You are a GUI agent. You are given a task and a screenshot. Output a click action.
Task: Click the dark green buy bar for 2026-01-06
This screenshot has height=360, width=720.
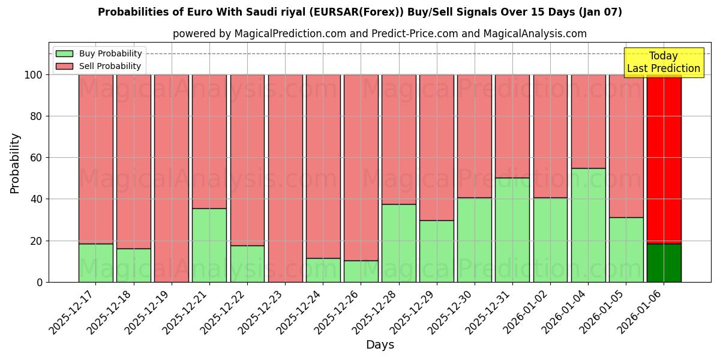pyautogui.click(x=664, y=263)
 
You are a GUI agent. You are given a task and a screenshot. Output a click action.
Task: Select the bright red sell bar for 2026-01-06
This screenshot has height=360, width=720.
pyautogui.click(x=664, y=159)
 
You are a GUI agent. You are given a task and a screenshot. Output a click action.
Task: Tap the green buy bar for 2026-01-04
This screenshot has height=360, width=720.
pyautogui.click(x=588, y=225)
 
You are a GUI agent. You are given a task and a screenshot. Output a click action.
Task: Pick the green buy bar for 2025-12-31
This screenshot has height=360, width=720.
pyautogui.click(x=512, y=230)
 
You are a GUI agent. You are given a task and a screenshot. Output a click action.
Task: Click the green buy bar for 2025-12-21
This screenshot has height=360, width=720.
pyautogui.click(x=209, y=245)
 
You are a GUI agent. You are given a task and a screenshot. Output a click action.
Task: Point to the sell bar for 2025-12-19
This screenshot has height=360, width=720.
pyautogui.click(x=172, y=178)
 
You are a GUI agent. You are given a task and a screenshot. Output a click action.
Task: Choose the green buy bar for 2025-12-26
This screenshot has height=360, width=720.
pyautogui.click(x=361, y=271)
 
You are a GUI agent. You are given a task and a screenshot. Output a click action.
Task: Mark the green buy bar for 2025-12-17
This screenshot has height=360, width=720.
pyautogui.click(x=95, y=263)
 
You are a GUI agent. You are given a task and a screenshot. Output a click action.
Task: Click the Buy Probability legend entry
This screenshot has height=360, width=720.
pyautogui.click(x=110, y=53)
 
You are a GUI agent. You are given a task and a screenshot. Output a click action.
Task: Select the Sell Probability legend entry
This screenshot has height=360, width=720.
pyautogui.click(x=110, y=66)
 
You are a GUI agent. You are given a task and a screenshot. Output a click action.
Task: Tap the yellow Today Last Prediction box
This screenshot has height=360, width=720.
pyautogui.click(x=663, y=62)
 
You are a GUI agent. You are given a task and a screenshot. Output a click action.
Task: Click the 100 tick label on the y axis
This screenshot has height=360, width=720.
pyautogui.click(x=32, y=75)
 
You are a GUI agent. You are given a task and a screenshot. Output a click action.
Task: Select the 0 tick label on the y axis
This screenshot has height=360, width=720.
pyautogui.click(x=40, y=282)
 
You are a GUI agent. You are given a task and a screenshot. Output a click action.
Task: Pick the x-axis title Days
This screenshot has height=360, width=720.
pyautogui.click(x=380, y=345)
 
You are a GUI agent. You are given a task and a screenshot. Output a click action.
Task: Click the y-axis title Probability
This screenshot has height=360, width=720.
pyautogui.click(x=15, y=163)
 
